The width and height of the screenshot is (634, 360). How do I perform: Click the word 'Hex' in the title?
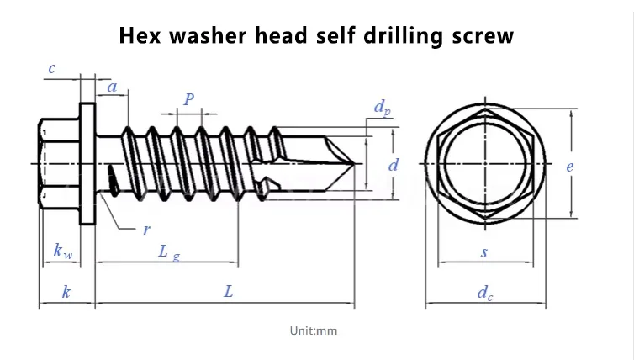[x=140, y=36]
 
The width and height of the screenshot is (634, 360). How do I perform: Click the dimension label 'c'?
[x=52, y=69]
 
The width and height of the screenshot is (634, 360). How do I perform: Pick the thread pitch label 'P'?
[x=189, y=99]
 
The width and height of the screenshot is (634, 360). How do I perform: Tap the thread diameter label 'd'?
[x=392, y=166]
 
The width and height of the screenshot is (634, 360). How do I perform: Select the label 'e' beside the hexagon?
[x=569, y=167]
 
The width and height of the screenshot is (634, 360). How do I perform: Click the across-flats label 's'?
[x=484, y=251]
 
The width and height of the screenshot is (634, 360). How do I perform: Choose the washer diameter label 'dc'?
[x=484, y=293]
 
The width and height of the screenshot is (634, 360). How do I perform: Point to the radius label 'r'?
[x=146, y=229]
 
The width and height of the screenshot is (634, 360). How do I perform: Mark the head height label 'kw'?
[x=61, y=251]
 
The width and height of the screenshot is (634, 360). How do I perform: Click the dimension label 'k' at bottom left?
[x=66, y=292]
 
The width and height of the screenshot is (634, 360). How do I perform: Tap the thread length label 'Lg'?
[x=169, y=251]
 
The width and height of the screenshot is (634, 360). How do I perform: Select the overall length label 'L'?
[x=228, y=292]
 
